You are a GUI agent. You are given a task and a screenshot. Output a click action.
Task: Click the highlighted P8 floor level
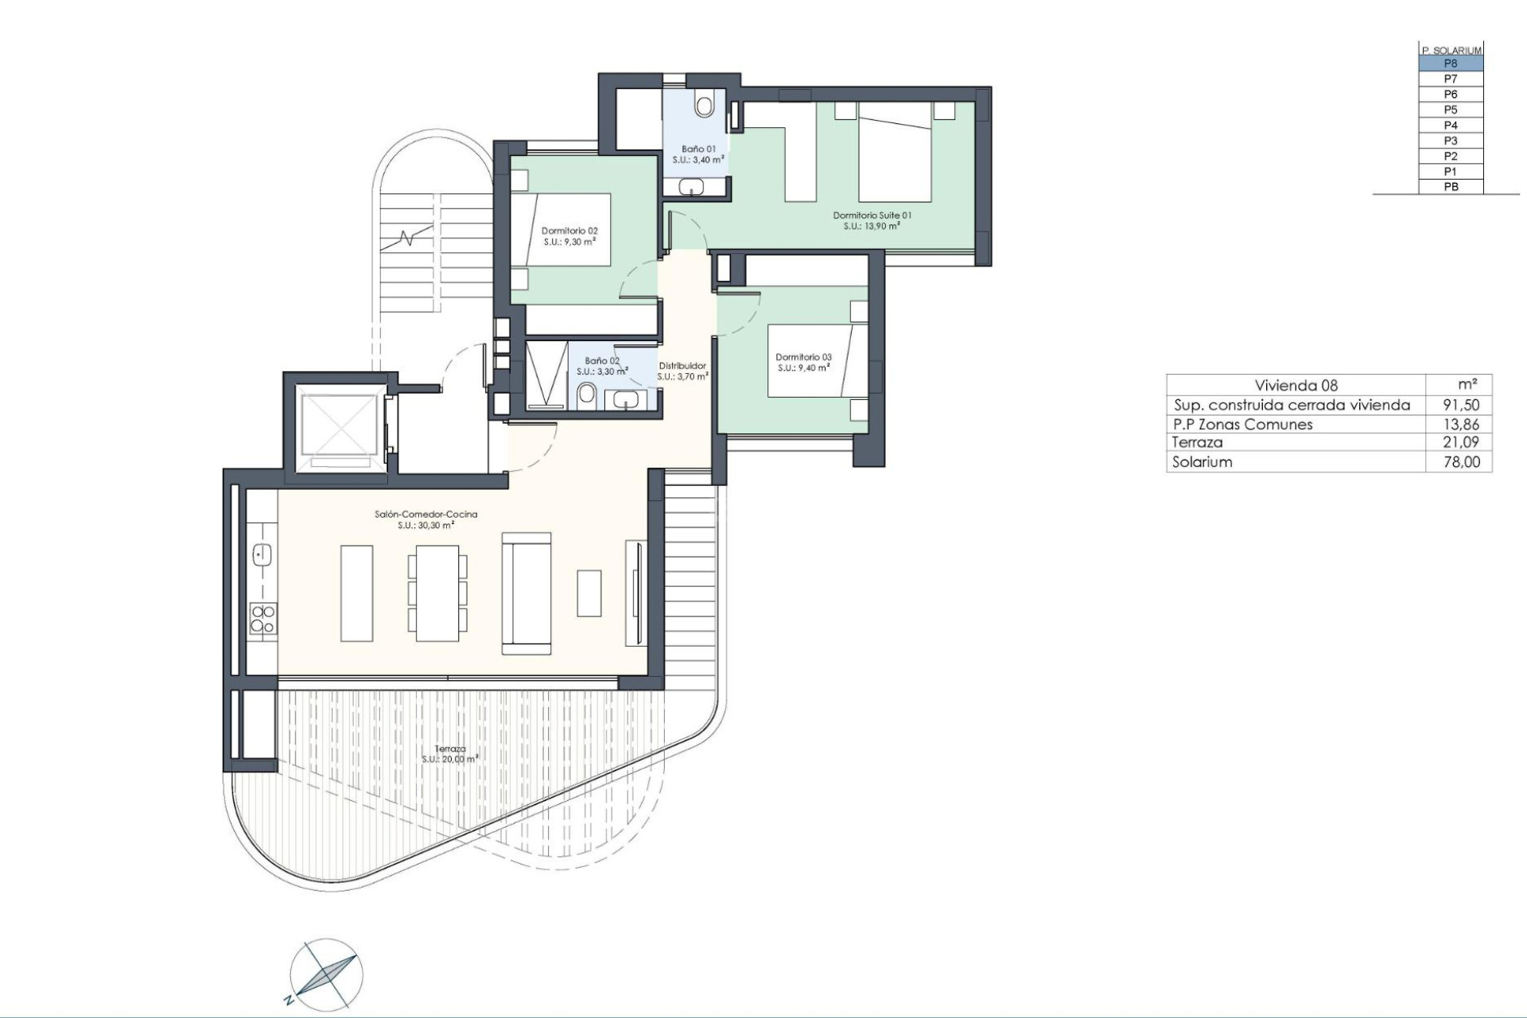click(1451, 64)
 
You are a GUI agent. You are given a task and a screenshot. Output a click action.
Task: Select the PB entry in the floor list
click(1451, 187)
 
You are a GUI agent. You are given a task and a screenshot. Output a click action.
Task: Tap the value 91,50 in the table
click(1461, 405)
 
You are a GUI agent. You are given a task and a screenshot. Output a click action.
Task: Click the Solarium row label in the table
click(1202, 462)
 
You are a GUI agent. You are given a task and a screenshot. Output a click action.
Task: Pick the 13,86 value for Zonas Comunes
click(1461, 425)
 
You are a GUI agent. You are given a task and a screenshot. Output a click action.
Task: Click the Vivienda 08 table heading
click(1296, 386)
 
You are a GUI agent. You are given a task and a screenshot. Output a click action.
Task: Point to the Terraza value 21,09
click(1461, 443)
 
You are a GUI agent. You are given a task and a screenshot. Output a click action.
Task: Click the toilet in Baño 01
click(705, 104)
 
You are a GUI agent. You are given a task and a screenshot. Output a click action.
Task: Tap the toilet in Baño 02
click(587, 394)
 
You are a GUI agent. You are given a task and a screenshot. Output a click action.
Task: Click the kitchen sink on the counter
click(262, 554)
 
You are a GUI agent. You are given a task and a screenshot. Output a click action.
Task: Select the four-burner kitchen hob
click(262, 619)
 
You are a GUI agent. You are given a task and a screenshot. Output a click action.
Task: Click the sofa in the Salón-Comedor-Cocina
click(526, 593)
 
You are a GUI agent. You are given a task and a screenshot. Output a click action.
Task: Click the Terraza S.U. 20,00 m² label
click(450, 754)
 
